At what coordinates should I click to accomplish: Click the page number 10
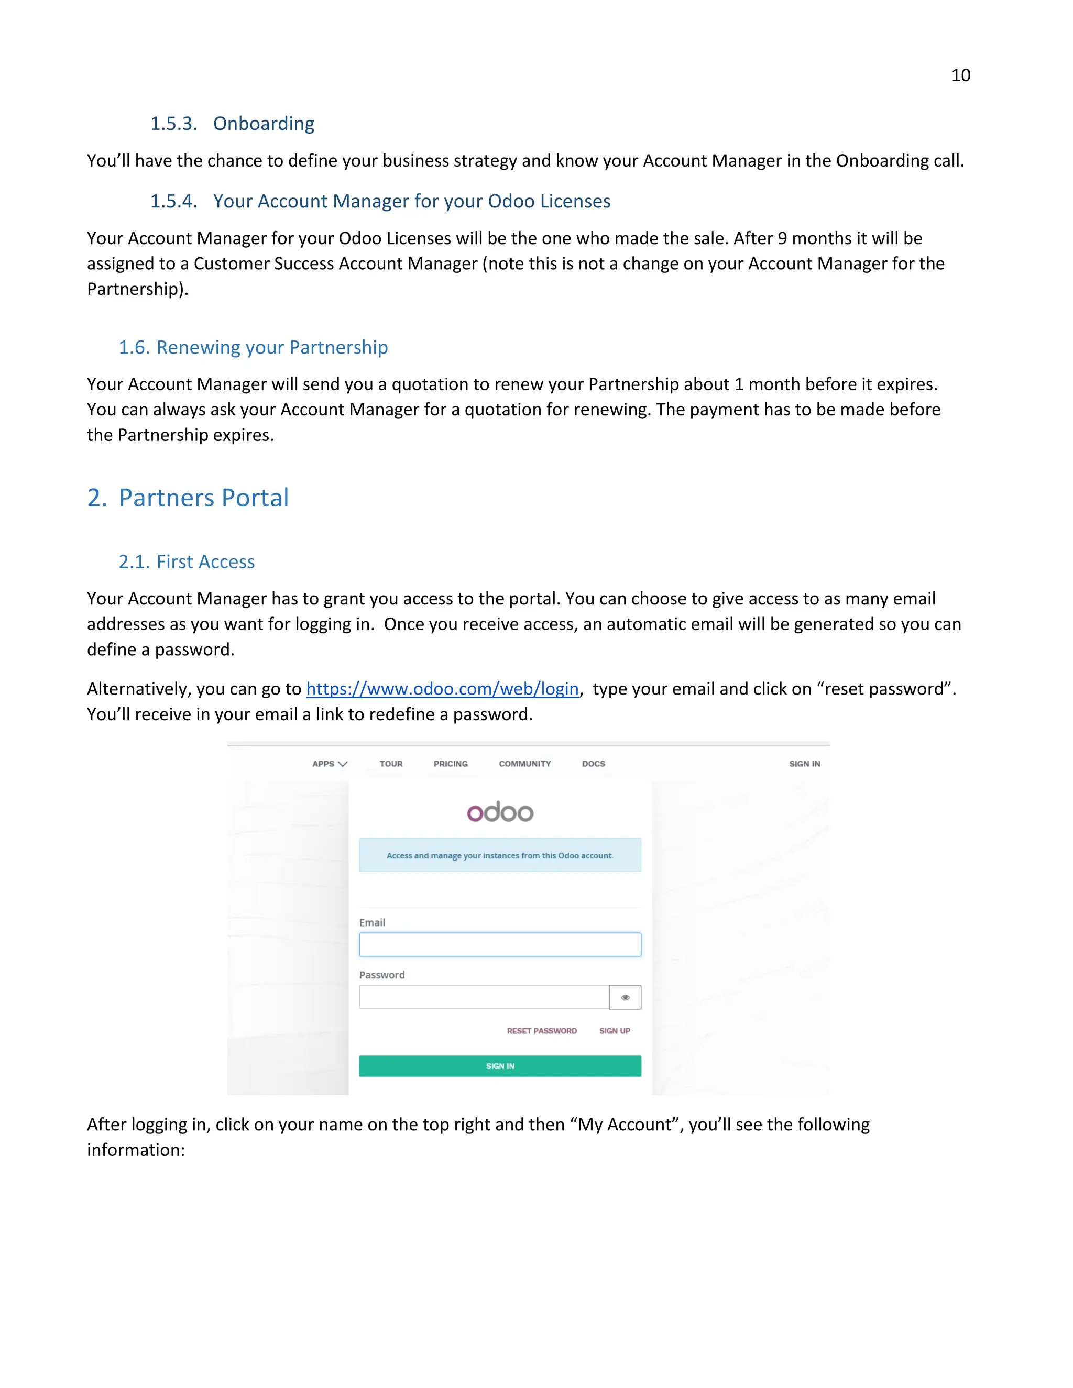point(960,75)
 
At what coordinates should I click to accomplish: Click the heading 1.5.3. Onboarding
point(232,123)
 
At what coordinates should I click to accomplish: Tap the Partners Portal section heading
point(188,498)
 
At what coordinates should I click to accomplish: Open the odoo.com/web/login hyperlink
point(442,689)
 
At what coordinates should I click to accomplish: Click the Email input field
point(500,944)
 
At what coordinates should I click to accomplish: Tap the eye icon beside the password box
point(625,997)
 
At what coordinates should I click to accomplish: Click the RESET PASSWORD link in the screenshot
point(542,1031)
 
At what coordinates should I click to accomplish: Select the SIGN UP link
point(615,1031)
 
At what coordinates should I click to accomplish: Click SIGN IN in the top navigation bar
point(804,764)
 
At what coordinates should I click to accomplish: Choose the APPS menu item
point(329,764)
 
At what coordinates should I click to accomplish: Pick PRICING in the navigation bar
point(451,764)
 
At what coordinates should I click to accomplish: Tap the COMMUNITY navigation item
point(524,764)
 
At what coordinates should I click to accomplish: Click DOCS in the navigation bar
point(593,764)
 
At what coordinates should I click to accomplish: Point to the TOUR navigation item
point(391,764)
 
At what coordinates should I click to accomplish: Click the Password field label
point(381,975)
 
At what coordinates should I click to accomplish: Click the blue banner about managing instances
point(500,855)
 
